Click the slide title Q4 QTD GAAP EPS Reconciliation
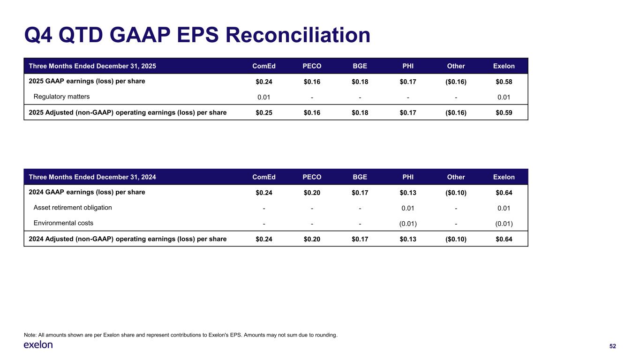click(x=197, y=35)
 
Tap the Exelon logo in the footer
click(x=38, y=345)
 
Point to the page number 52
click(x=612, y=346)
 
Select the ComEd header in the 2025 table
click(x=264, y=66)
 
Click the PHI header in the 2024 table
click(x=408, y=177)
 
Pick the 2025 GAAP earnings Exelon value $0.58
click(x=504, y=82)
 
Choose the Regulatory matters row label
click(x=61, y=97)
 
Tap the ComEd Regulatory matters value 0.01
click(x=264, y=97)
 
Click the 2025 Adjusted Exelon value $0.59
click(x=504, y=112)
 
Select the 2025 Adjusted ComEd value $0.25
click(x=264, y=112)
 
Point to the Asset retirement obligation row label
click(x=73, y=208)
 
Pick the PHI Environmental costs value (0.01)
click(x=408, y=224)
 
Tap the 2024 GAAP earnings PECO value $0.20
click(x=312, y=193)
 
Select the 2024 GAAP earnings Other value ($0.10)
click(x=456, y=193)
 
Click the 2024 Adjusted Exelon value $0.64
click(x=504, y=239)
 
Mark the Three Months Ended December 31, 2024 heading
click(x=92, y=177)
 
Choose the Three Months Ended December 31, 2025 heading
click(x=92, y=66)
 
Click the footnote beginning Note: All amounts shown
click(x=181, y=335)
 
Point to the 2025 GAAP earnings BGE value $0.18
click(x=360, y=82)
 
